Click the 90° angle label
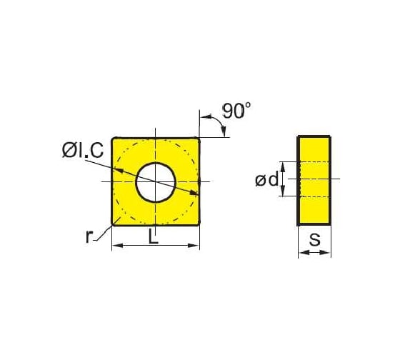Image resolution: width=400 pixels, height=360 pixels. click(236, 111)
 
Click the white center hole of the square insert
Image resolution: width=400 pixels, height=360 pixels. click(156, 181)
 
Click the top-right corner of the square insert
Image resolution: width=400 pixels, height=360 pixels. click(199, 137)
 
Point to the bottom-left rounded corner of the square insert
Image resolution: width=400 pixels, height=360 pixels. click(114, 224)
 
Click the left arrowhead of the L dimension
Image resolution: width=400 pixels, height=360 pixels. click(117, 246)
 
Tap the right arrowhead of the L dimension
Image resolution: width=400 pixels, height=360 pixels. click(195, 246)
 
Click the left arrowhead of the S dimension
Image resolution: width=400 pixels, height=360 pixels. click(301, 252)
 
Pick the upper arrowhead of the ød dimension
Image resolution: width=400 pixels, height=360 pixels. click(284, 166)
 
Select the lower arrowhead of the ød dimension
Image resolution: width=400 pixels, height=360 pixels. click(284, 193)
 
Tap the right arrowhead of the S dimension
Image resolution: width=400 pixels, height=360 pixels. click(326, 252)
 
